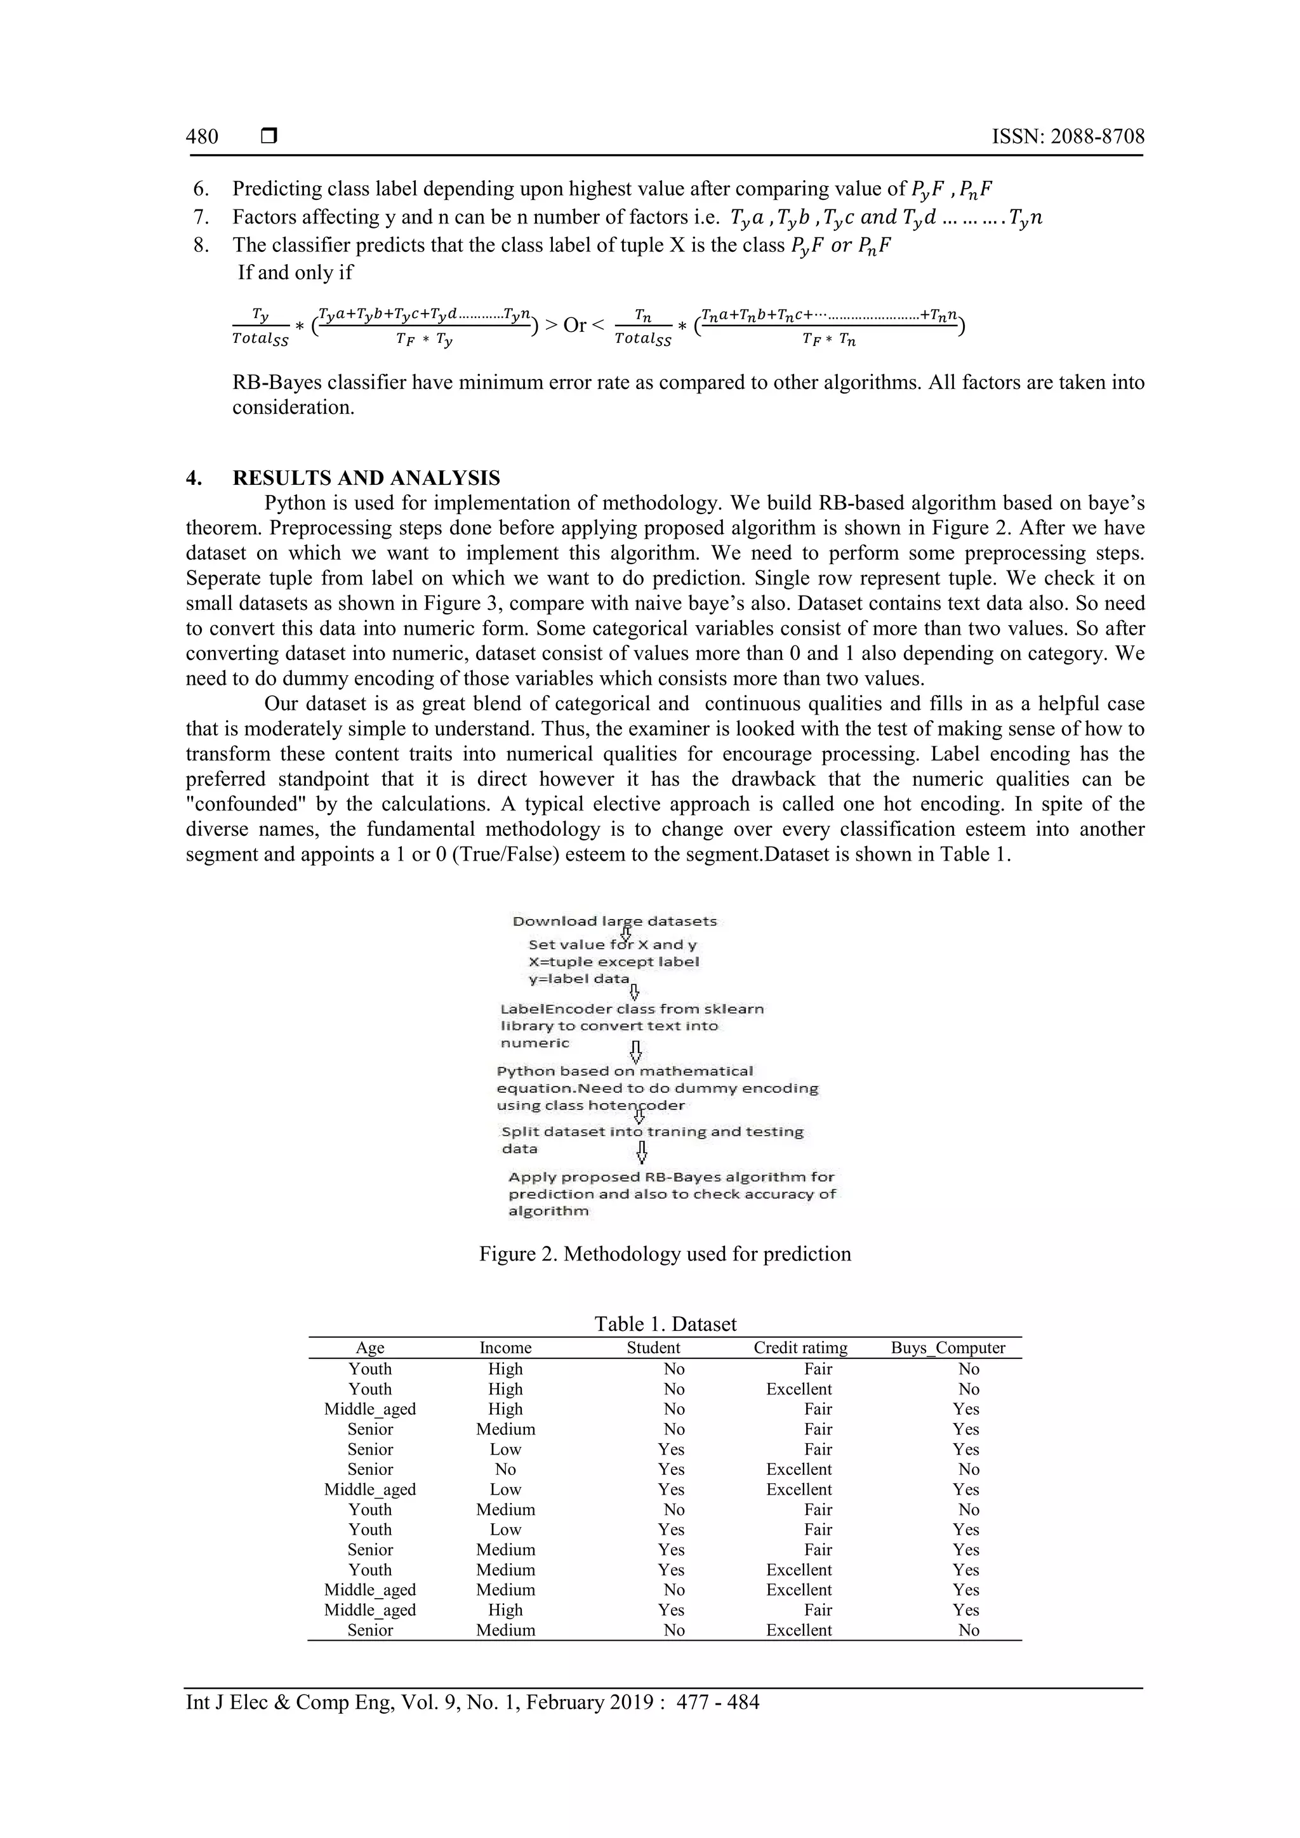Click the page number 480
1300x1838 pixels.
(202, 137)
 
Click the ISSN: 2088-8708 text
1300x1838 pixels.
(1068, 137)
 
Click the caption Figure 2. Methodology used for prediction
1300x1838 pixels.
(665, 1253)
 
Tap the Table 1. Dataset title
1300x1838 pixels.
(665, 1324)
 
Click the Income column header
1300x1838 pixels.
(505, 1348)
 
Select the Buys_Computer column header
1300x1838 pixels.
(948, 1348)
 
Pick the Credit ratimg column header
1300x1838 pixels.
(800, 1348)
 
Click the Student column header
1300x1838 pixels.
(653, 1348)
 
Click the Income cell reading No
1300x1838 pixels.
(505, 1470)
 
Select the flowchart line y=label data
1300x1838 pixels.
(579, 979)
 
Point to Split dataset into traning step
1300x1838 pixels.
(652, 1132)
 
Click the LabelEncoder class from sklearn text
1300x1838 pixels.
(632, 1008)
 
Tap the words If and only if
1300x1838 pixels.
(295, 272)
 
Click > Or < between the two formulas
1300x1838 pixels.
(574, 325)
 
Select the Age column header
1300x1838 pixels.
(370, 1348)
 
